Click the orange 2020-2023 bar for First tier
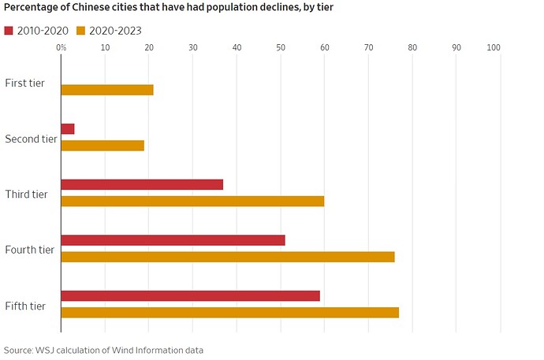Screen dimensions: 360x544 coord(106,90)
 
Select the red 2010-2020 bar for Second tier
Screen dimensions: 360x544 coord(68,128)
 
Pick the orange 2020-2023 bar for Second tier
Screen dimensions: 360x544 coord(102,145)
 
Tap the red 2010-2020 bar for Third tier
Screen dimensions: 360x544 coord(142,184)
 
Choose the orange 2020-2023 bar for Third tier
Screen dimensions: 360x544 coord(192,201)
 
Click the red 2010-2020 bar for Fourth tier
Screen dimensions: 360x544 coord(173,240)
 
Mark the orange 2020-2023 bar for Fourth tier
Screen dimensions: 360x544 coord(228,257)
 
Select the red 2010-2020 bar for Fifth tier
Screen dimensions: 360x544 coord(190,295)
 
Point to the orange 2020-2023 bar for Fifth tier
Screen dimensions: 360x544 coord(229,313)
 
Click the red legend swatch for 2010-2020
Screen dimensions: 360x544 coord(9,31)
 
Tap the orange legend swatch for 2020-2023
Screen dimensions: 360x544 coord(80,31)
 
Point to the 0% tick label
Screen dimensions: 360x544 coord(61,48)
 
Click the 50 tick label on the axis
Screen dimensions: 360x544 coord(281,48)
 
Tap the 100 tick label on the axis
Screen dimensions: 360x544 coord(494,48)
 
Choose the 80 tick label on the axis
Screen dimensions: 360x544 coord(412,48)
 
